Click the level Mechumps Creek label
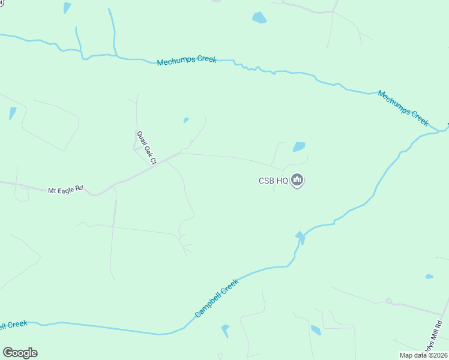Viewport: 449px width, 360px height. click(187, 61)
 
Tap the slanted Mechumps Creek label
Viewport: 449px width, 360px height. click(403, 108)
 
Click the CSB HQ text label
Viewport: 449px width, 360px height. click(273, 180)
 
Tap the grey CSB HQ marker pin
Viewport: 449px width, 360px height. click(297, 179)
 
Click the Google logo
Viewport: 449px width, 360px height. click(20, 353)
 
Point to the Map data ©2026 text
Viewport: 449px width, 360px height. click(423, 355)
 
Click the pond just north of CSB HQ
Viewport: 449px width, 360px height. click(299, 147)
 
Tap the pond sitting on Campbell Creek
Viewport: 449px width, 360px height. click(300, 237)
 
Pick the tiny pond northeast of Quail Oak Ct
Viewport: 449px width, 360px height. click(186, 121)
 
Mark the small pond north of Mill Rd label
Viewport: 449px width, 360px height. click(429, 277)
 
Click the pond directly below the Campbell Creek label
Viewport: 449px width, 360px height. click(225, 331)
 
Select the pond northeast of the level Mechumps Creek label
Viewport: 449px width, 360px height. click(259, 17)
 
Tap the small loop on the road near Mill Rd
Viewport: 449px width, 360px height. click(388, 301)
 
